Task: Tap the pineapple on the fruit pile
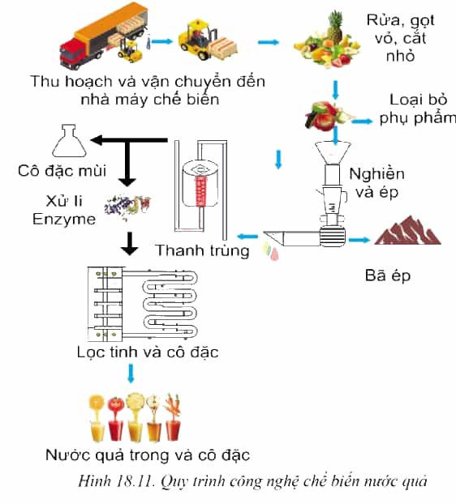335,27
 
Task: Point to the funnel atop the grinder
333,152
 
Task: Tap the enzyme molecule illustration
127,207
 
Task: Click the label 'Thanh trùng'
202,250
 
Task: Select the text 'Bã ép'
388,275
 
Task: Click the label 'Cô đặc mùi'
62,171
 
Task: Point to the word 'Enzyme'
64,220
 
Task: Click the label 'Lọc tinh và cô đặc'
148,352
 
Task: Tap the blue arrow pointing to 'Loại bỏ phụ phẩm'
362,122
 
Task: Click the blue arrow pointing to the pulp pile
359,240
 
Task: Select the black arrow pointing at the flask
129,140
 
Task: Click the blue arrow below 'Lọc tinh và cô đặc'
131,374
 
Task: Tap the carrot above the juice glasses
173,406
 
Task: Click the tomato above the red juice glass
115,404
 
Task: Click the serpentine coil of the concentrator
170,303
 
